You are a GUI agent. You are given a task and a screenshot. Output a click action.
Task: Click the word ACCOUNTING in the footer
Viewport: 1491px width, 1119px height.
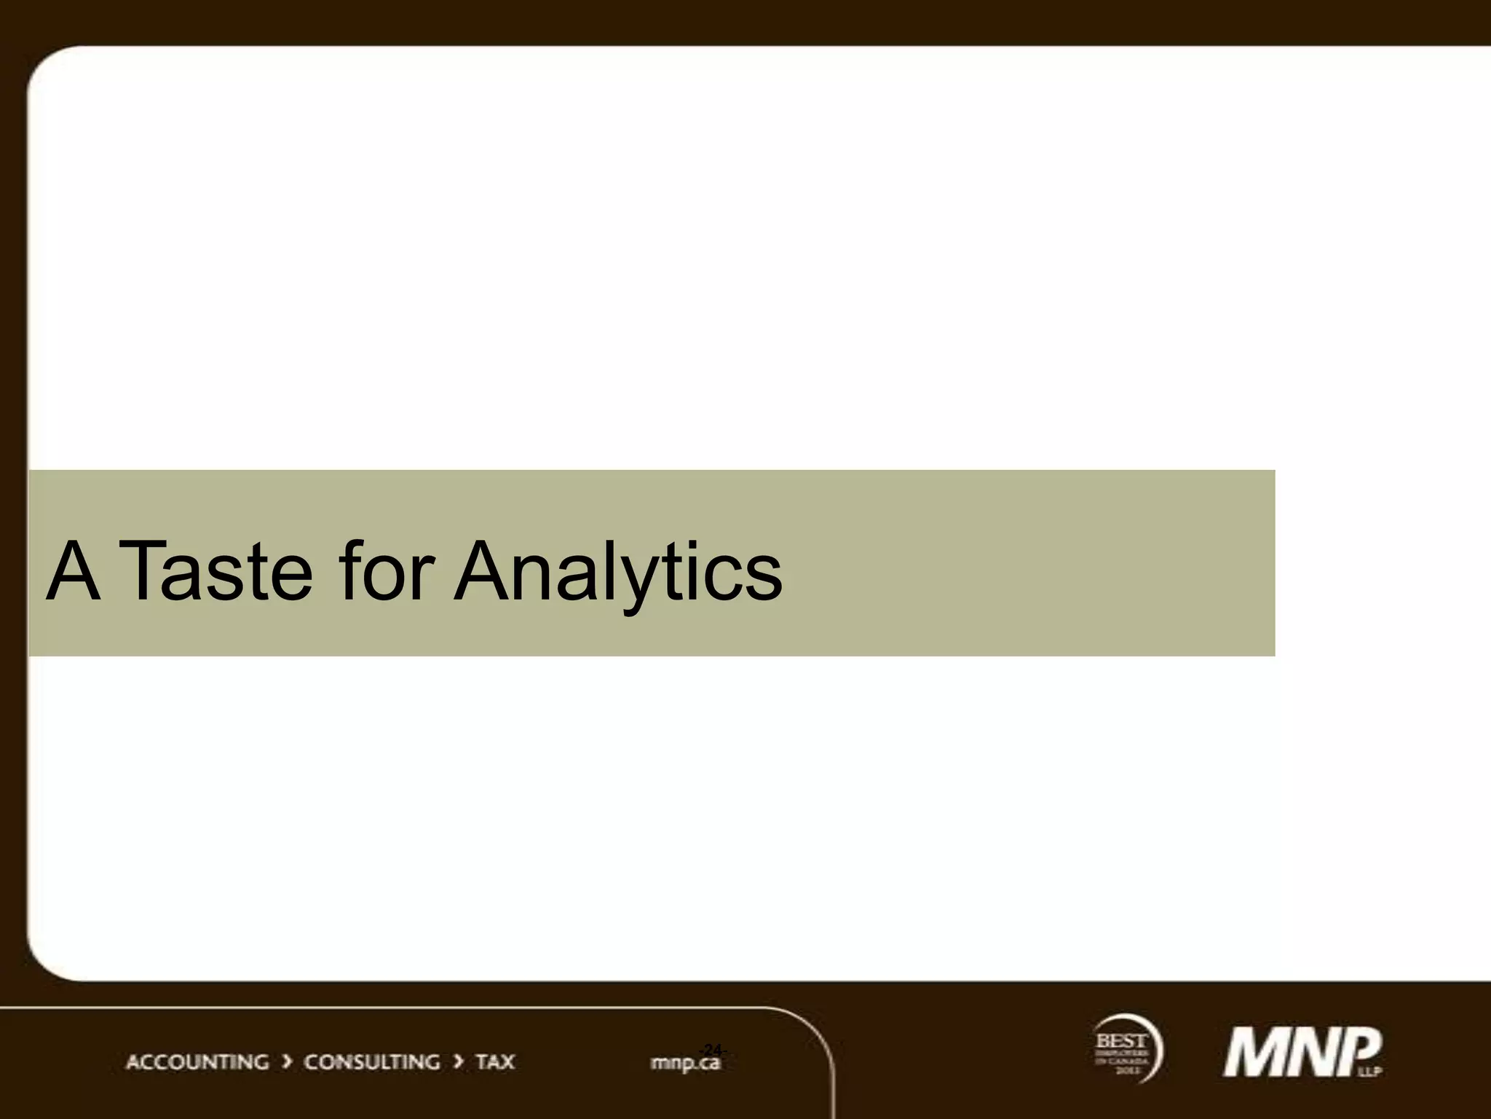[x=197, y=1062]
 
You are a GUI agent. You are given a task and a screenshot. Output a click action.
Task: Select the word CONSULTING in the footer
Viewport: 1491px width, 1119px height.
[x=371, y=1062]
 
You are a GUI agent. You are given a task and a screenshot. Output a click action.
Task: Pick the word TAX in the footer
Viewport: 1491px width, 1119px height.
[x=495, y=1062]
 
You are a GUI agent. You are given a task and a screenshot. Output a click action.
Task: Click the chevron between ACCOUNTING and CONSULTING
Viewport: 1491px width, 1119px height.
[x=287, y=1062]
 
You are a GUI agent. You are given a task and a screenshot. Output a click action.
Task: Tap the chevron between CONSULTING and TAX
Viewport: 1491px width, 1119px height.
[x=458, y=1062]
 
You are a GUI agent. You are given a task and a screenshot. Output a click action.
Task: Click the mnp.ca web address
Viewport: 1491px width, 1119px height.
[x=684, y=1064]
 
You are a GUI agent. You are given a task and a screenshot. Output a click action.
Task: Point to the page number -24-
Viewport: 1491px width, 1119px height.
[x=712, y=1049]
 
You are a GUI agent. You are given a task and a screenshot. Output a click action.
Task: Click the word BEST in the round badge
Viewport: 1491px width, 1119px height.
[x=1121, y=1041]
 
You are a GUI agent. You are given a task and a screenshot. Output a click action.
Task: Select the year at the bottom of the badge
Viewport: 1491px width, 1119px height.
[x=1123, y=1070]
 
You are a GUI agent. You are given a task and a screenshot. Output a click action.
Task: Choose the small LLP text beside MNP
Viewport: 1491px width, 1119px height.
[x=1375, y=1071]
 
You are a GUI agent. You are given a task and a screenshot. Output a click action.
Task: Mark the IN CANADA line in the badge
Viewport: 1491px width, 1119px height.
[x=1122, y=1061]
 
